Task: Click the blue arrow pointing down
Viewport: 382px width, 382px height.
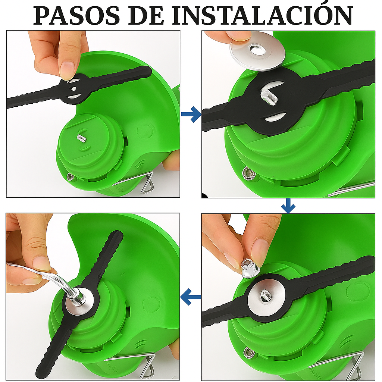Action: pyautogui.click(x=288, y=206)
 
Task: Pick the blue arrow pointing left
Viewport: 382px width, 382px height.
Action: pyautogui.click(x=191, y=297)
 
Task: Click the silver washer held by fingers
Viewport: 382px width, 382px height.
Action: pyautogui.click(x=257, y=51)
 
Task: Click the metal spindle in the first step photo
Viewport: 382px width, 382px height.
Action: pyautogui.click(x=81, y=138)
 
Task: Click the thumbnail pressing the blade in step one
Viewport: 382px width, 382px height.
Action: pyautogui.click(x=68, y=70)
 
